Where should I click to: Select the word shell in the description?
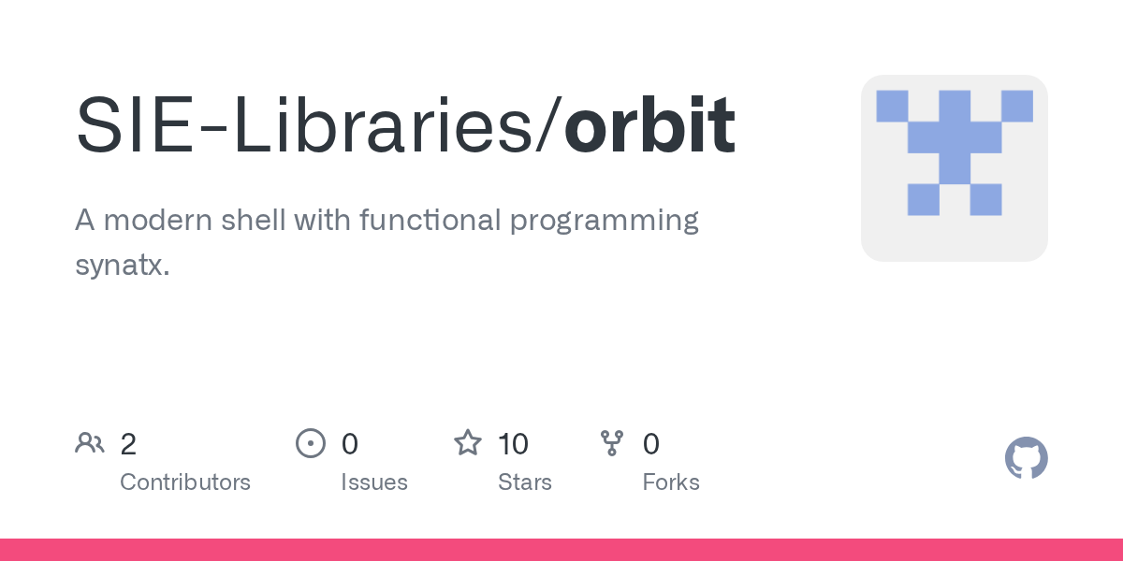pyautogui.click(x=254, y=221)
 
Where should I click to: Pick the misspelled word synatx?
pyautogui.click(x=122, y=265)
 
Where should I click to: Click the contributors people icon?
pyautogui.click(x=90, y=443)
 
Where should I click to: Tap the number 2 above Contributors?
pyautogui.click(x=128, y=444)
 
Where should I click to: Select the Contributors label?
pyautogui.click(x=185, y=482)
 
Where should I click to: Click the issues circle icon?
pyautogui.click(x=311, y=443)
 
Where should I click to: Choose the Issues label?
pyautogui.click(x=374, y=482)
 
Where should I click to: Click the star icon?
pyautogui.click(x=468, y=443)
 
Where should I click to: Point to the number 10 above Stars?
pyautogui.click(x=513, y=444)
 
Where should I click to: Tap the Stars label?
pyautogui.click(x=525, y=482)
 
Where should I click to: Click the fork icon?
pyautogui.click(x=612, y=443)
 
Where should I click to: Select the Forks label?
pyautogui.click(x=671, y=482)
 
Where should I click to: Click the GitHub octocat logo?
pyautogui.click(x=1026, y=458)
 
